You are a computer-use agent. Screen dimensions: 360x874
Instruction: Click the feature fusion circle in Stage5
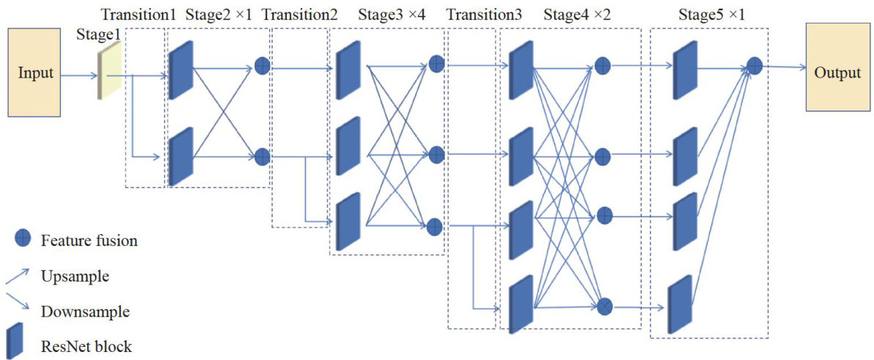(x=754, y=66)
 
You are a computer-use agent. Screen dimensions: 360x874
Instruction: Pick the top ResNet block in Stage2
(x=181, y=70)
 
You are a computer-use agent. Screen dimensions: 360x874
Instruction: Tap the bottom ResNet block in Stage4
(x=521, y=301)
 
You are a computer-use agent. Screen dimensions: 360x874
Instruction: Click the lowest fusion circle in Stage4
(x=605, y=306)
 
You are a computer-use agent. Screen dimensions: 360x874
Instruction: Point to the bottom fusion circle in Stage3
(x=436, y=226)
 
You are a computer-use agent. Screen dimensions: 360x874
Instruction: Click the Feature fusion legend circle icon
(x=22, y=239)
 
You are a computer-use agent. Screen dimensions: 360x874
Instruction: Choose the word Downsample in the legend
(x=86, y=312)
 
